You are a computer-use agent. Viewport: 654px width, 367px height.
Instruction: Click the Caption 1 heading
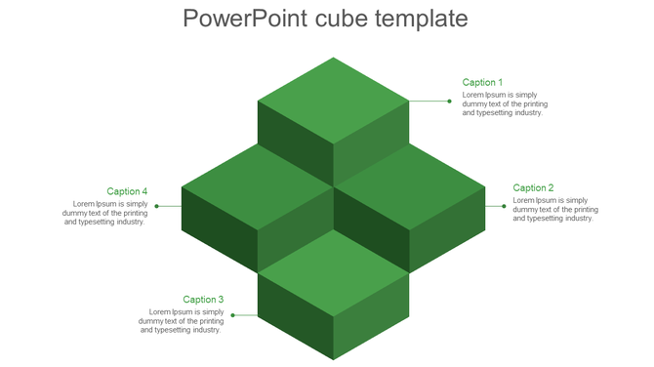[x=482, y=83]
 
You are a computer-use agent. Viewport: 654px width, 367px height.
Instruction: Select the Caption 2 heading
[x=533, y=188]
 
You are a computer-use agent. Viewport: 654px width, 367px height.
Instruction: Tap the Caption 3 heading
[x=203, y=300]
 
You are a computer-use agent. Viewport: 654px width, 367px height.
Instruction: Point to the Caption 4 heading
[x=127, y=191]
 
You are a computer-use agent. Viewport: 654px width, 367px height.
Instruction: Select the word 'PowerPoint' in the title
[x=244, y=20]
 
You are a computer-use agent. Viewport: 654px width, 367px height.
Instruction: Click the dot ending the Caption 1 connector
[x=449, y=101]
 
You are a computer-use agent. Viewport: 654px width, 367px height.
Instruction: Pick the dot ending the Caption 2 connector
[x=504, y=206]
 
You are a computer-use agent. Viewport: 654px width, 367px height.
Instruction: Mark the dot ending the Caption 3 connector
[x=232, y=315]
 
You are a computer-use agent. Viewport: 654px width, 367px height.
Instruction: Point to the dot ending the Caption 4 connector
[x=156, y=206]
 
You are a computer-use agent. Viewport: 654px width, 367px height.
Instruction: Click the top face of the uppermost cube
[x=333, y=100]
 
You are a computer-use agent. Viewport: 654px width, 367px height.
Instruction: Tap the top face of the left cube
[x=258, y=186]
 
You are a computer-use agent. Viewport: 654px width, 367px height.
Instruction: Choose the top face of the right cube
[x=409, y=186]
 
